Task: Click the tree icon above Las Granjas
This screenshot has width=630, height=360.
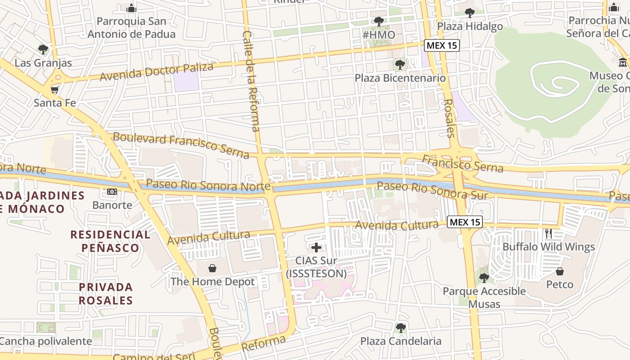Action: pos(43,49)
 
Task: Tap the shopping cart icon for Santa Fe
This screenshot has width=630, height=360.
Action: pos(55,90)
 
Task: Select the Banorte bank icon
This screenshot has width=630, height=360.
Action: pos(112,192)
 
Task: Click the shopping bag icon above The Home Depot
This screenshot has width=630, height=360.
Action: pos(212,269)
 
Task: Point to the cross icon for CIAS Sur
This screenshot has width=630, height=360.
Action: pos(316,247)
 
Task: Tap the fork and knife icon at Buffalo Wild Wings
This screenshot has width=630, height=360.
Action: pos(549,233)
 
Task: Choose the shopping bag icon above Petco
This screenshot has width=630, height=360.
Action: pos(560,271)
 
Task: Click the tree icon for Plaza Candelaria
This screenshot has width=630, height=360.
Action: pos(400,328)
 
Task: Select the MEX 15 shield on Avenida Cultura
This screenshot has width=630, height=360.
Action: pos(465,222)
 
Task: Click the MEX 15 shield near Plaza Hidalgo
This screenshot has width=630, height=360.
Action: pos(441,45)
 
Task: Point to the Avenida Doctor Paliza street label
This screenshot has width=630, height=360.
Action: pos(156,72)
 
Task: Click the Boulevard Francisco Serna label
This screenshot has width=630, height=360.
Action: pos(181,145)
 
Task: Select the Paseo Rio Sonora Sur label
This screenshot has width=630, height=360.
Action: pos(432,190)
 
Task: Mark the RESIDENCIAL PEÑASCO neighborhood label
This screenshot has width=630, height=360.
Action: pos(110,241)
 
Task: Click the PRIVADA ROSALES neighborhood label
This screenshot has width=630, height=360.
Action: pos(106,293)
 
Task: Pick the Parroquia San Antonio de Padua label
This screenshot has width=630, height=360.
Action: pos(131,27)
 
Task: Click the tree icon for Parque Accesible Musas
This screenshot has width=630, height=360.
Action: pos(484,278)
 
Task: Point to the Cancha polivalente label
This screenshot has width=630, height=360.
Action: pos(46,341)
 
